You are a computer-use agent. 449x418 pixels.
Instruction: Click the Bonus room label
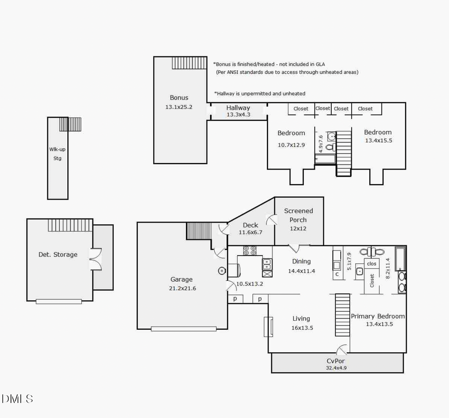(x=179, y=98)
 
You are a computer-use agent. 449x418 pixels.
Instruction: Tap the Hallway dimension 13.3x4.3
(x=238, y=115)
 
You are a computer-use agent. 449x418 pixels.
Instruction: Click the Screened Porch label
(x=298, y=215)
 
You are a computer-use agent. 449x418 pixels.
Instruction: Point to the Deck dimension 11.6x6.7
(x=250, y=232)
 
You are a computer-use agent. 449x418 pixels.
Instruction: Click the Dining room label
(x=301, y=261)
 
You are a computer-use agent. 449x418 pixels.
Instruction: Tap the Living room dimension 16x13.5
(x=301, y=328)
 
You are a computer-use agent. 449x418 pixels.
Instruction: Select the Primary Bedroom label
(x=378, y=316)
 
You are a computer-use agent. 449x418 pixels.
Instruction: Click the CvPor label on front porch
(x=336, y=361)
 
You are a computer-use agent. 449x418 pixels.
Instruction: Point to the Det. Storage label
(x=58, y=254)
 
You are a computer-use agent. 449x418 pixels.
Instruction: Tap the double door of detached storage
(x=95, y=259)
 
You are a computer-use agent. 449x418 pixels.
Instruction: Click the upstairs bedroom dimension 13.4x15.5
(x=378, y=141)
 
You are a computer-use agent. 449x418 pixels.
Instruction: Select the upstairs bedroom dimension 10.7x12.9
(x=291, y=145)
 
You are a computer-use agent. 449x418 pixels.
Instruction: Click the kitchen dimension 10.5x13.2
(x=249, y=284)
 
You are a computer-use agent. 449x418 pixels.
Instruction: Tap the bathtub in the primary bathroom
(x=400, y=258)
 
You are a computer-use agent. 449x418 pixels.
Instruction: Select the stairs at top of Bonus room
(x=189, y=63)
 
